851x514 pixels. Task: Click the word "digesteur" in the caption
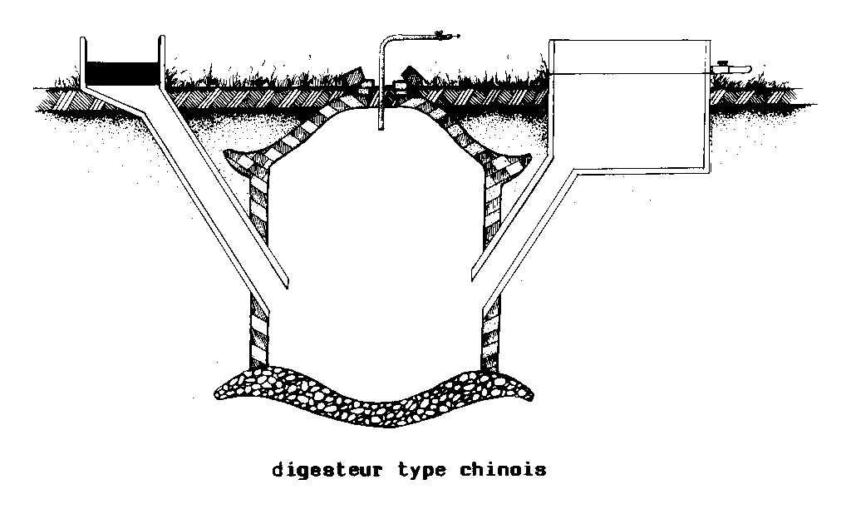coord(327,470)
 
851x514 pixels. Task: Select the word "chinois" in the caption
coord(503,470)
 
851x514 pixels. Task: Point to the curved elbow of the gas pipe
coord(386,40)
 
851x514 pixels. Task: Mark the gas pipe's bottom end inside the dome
coord(379,127)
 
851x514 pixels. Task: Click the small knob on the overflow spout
coord(723,62)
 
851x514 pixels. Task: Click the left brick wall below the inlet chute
coord(260,333)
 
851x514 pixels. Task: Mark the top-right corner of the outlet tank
coord(711,40)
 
